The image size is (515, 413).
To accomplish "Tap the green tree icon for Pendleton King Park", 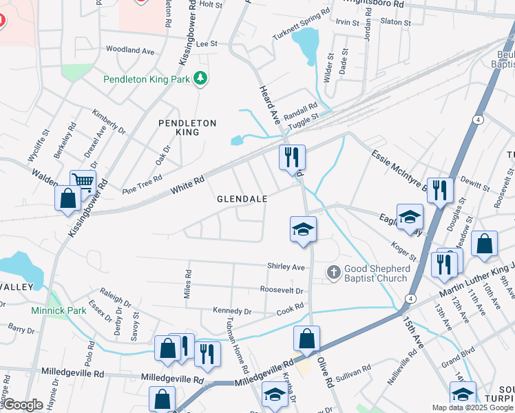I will tap(200, 78).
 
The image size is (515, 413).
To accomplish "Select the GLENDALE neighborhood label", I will tap(242, 198).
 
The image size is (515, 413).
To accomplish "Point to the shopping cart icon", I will tap(82, 182).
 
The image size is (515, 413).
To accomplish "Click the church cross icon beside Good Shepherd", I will tap(333, 273).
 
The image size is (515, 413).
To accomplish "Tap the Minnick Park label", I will tap(59, 310).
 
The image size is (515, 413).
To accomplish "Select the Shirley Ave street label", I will tap(286, 267).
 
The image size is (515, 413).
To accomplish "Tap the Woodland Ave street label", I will tap(129, 50).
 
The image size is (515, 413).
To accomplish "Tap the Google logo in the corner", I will tap(23, 405).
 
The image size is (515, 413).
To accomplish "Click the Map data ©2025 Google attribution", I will tap(472, 407).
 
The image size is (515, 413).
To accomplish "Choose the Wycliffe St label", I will tap(37, 146).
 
